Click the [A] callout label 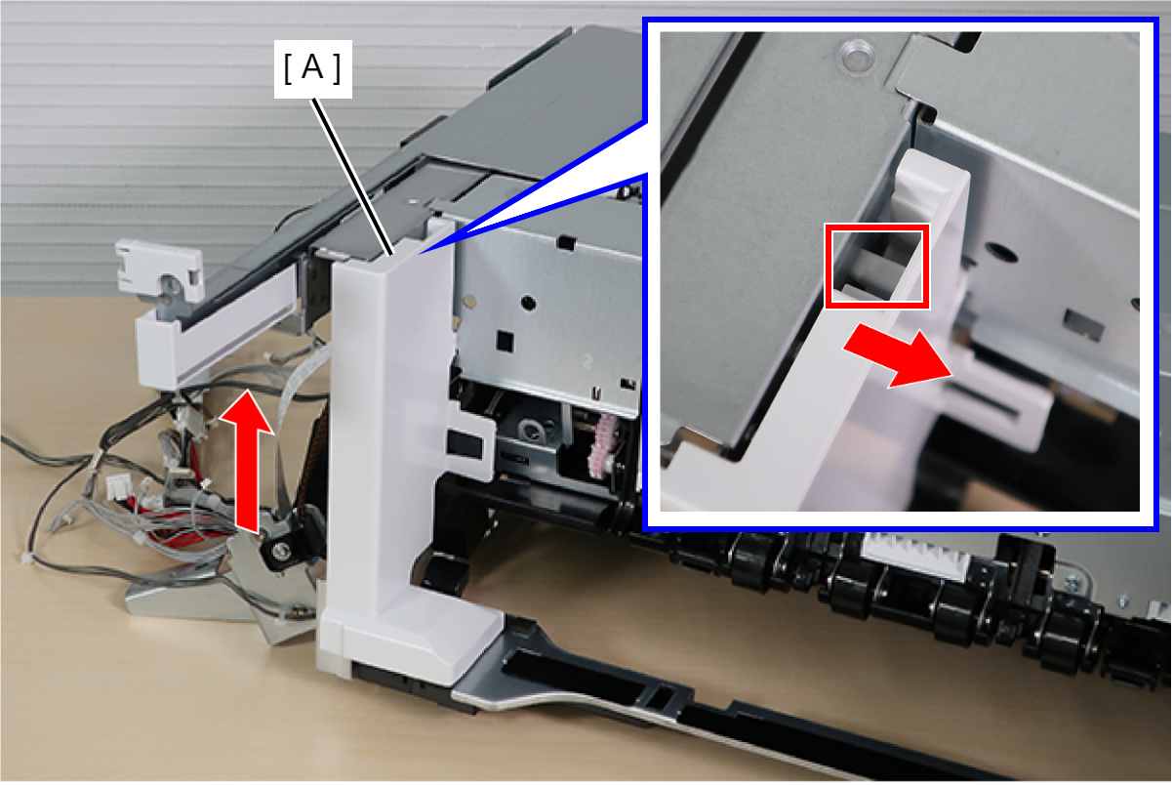312,68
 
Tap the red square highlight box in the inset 876,267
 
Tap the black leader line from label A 351,177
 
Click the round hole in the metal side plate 528,303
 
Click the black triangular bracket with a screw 287,540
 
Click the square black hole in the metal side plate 505,341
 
